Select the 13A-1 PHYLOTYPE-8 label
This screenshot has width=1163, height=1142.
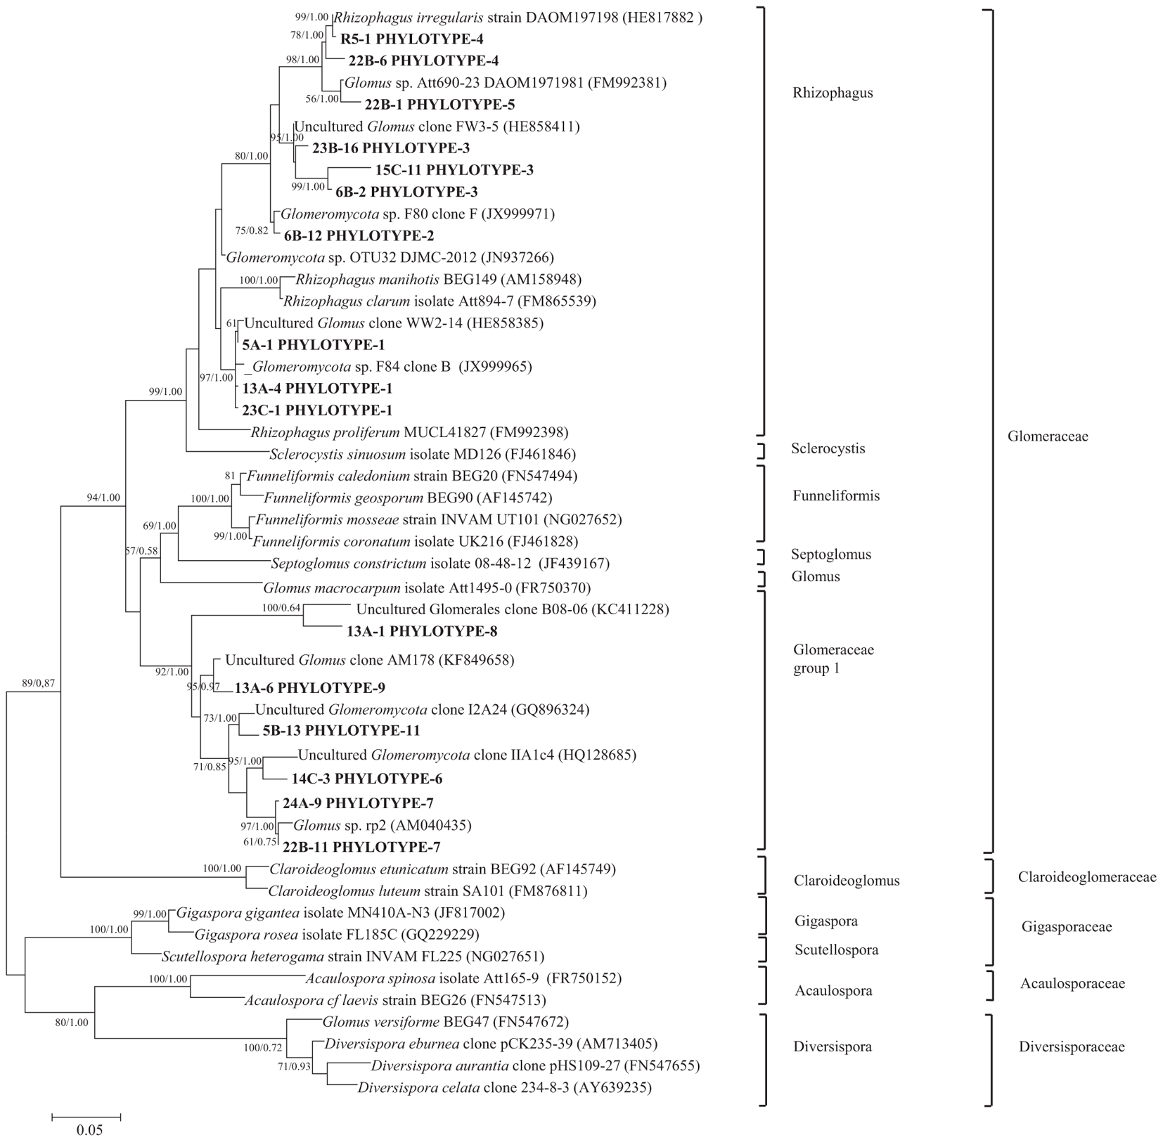(422, 631)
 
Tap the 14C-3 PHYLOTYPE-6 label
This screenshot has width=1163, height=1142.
(366, 779)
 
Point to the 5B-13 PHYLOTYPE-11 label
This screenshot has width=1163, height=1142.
(341, 731)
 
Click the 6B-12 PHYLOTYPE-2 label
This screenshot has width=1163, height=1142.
(359, 235)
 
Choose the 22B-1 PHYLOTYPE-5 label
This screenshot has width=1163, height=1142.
(439, 105)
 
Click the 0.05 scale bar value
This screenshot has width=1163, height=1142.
(89, 1131)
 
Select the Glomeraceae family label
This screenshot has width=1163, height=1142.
(1047, 436)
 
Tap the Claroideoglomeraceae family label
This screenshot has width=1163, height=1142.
(1086, 877)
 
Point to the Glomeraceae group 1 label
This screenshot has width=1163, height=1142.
(833, 658)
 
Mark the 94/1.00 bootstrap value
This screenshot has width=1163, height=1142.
(103, 498)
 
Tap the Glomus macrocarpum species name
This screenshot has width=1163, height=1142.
(331, 588)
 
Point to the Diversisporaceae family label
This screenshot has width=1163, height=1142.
(1071, 1047)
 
